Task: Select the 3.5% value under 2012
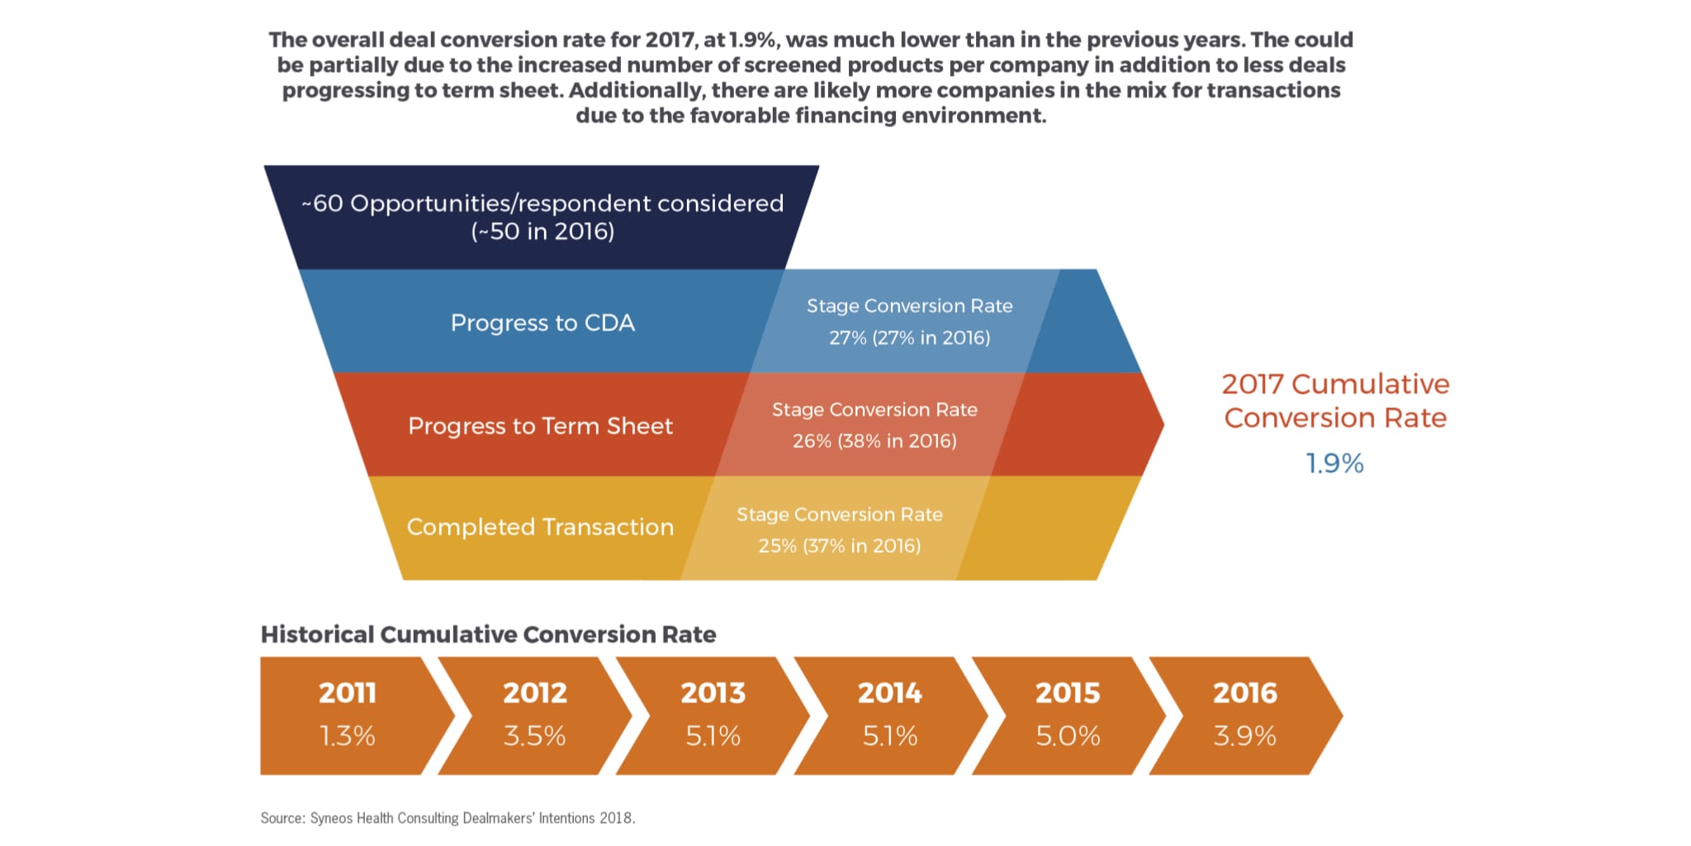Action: (x=535, y=735)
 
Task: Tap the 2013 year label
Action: (x=713, y=692)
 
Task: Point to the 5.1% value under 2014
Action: (x=890, y=735)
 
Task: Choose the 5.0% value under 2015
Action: (x=1068, y=735)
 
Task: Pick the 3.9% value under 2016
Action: (x=1245, y=735)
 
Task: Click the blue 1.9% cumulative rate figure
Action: (x=1334, y=463)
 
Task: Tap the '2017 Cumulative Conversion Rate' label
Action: (x=1335, y=401)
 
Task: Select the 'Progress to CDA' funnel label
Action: (x=542, y=322)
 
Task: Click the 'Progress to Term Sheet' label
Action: (x=540, y=425)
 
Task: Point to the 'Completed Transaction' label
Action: (x=540, y=527)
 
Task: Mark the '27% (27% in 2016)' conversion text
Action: (x=909, y=338)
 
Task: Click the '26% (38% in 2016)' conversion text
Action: (x=874, y=441)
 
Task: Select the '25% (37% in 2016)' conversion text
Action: (x=840, y=546)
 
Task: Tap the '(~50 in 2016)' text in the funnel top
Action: (x=542, y=231)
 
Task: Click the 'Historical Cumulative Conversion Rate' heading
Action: (x=488, y=634)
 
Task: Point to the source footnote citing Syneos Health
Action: (x=448, y=818)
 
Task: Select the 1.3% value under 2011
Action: (x=348, y=735)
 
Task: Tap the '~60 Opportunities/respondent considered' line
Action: (x=542, y=203)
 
